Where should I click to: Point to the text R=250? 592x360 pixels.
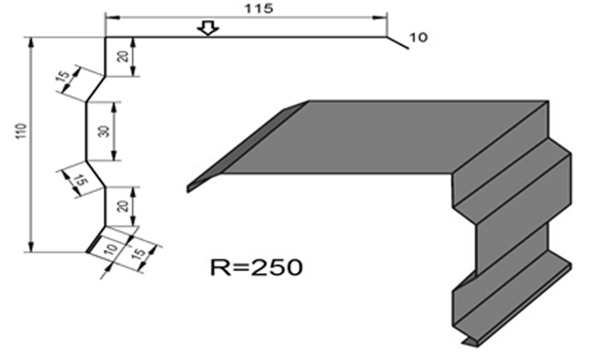[x=255, y=268]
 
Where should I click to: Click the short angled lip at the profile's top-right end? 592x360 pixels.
[x=397, y=44]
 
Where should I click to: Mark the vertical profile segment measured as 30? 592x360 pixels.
[x=87, y=131]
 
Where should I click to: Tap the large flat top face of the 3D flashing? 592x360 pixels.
[x=381, y=135]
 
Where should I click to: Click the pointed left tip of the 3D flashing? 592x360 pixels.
[x=189, y=187]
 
